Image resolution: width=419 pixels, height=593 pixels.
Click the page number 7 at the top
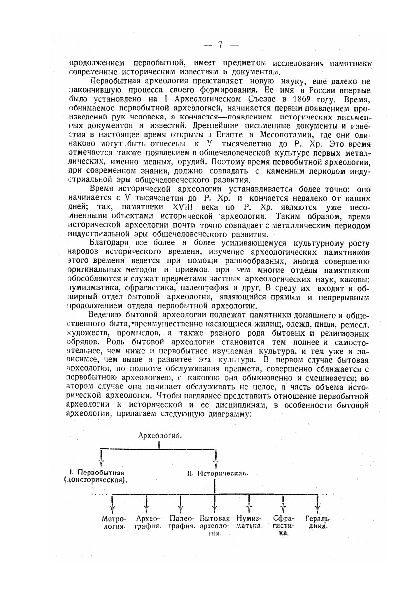[219, 45]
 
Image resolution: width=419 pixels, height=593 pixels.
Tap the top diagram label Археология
[159, 435]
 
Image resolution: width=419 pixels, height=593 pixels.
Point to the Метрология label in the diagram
[113, 522]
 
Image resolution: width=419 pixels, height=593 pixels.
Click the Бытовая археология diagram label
[214, 525]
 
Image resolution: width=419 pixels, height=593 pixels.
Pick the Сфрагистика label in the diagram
[283, 525]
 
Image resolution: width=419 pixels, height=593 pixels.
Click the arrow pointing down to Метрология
[113, 505]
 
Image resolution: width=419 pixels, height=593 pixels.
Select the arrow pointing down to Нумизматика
[248, 505]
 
